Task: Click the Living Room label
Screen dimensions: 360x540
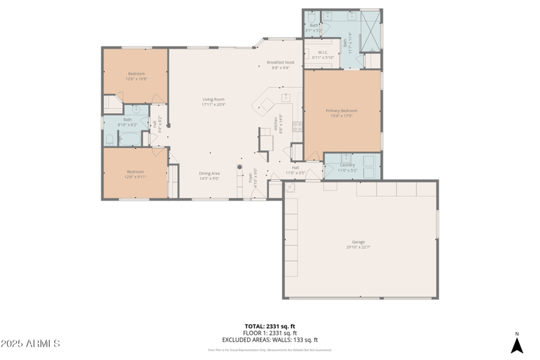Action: pos(213,99)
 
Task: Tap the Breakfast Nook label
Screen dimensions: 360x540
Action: pos(280,62)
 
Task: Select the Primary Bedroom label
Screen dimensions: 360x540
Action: pos(342,110)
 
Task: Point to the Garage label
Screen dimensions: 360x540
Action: pos(358,241)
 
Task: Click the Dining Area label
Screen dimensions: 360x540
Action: pos(209,173)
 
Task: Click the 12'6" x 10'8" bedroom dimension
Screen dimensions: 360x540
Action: pos(136,78)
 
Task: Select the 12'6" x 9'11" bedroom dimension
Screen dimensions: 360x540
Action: pos(136,177)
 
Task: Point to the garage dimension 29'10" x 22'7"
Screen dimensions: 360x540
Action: pos(358,247)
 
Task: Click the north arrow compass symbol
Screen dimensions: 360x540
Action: pos(517,344)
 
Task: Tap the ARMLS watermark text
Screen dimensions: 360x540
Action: pos(30,344)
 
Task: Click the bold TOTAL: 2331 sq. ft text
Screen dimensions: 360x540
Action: pos(270,326)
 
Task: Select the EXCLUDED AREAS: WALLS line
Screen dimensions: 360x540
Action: pos(270,340)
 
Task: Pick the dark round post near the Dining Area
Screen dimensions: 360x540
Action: pos(239,167)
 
